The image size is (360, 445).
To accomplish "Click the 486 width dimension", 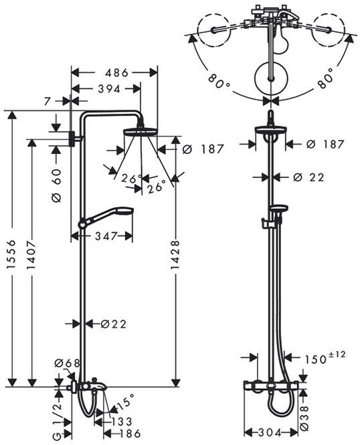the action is [116, 73].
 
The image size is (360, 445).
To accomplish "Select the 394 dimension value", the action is [109, 89].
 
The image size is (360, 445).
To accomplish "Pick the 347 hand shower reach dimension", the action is [106, 236].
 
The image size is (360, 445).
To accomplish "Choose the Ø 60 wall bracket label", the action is [56, 185].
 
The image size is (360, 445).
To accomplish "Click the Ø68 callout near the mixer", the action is [68, 363].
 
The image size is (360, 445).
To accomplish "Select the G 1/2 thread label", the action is [58, 422].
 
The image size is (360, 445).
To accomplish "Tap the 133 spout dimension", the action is [121, 422].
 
